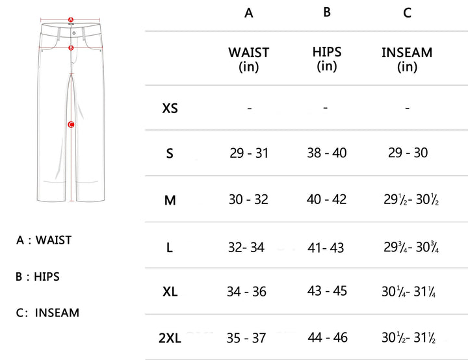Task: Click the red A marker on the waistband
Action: [x=71, y=20]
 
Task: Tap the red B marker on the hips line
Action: [x=71, y=47]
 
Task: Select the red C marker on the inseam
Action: [x=71, y=125]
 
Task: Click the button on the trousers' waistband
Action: [x=74, y=33]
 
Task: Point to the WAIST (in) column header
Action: [x=248, y=59]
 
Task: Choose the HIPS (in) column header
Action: [x=327, y=58]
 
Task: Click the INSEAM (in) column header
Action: [x=407, y=59]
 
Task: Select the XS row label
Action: [x=170, y=108]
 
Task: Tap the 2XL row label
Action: [x=170, y=338]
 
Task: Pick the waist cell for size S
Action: [x=249, y=153]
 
